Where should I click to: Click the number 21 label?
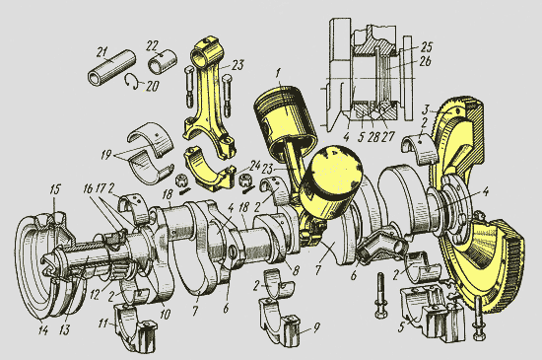pyautogui.click(x=102, y=53)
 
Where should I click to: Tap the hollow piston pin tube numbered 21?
pyautogui.click(x=111, y=68)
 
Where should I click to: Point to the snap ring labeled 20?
pyautogui.click(x=131, y=82)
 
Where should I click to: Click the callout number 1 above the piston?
pyautogui.click(x=279, y=73)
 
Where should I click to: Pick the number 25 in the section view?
pyautogui.click(x=427, y=46)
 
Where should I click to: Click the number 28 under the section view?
pyautogui.click(x=373, y=137)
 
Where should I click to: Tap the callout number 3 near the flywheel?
pyautogui.click(x=426, y=109)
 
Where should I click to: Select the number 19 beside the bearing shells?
pyautogui.click(x=105, y=155)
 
